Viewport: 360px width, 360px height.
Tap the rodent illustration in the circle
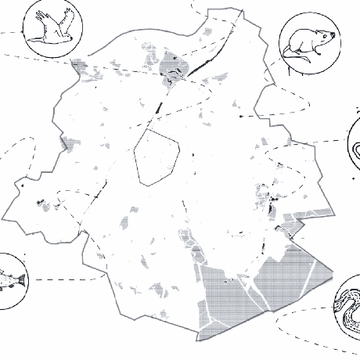[309, 45]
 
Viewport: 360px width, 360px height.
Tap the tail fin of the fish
[23, 280]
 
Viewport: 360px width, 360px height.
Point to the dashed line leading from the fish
[63, 278]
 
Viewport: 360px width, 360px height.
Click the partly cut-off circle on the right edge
[354, 145]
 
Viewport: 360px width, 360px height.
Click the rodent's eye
[320, 35]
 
